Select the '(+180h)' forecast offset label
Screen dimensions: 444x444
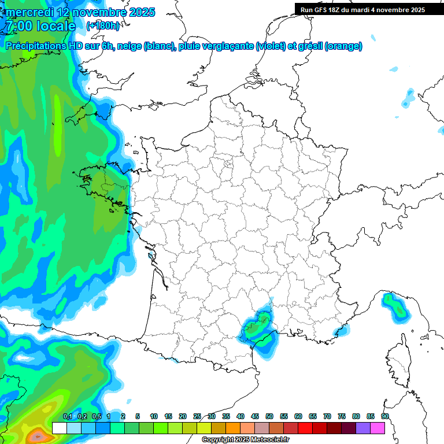103,26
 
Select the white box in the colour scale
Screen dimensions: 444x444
60,428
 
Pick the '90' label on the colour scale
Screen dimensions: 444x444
385,416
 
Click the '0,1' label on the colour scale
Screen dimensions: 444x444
68,416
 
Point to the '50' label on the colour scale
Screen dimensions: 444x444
269,416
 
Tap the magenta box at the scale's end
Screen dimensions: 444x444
378,428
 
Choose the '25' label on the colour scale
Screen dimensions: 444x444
197,416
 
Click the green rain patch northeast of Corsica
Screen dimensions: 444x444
396,306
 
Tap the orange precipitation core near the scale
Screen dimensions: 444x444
37,435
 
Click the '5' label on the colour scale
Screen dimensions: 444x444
138,416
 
